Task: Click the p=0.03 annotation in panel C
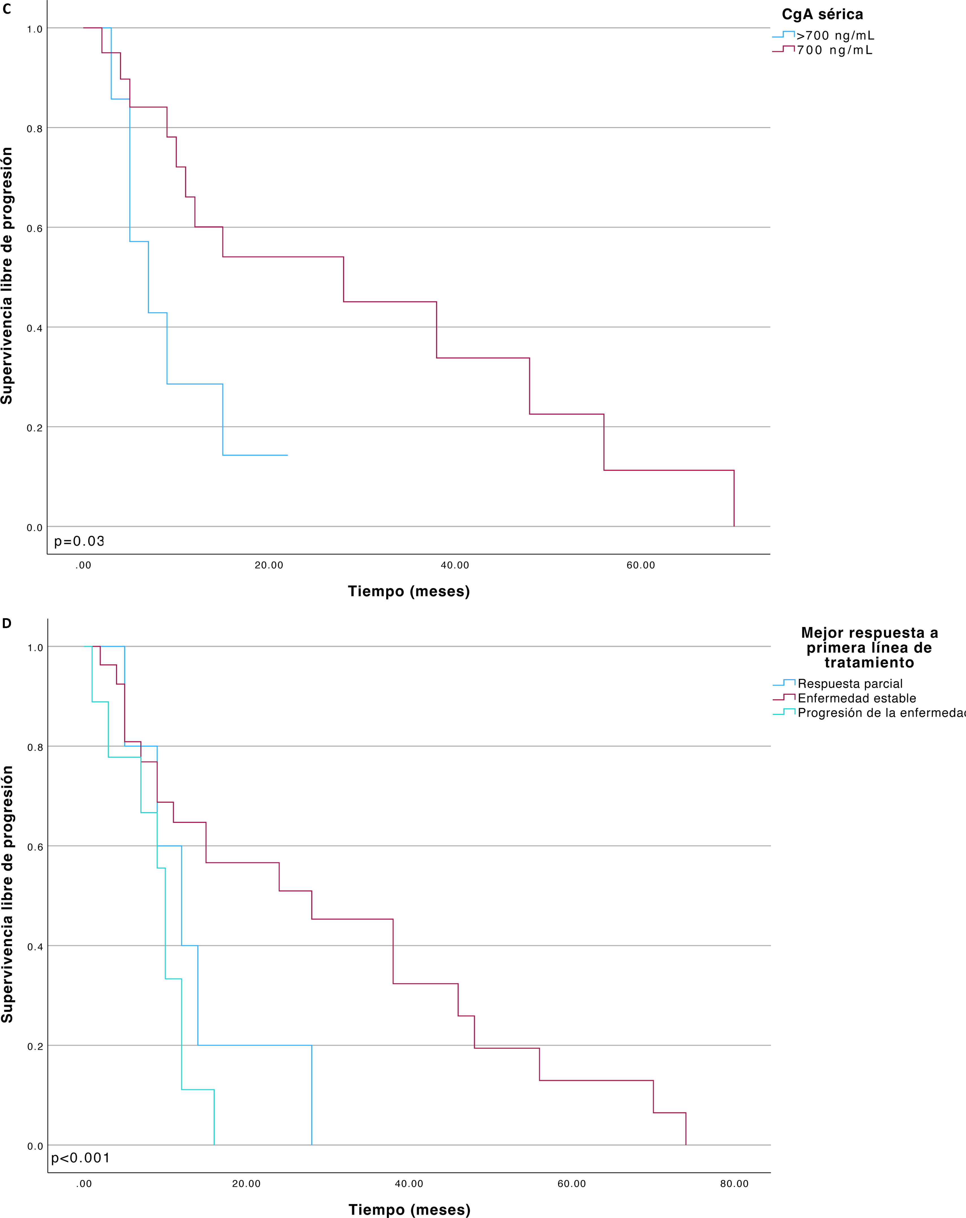pyautogui.click(x=79, y=541)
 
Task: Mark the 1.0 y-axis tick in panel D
pyautogui.click(x=35, y=647)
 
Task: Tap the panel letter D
pyautogui.click(x=7, y=624)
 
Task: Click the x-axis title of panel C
pyautogui.click(x=409, y=592)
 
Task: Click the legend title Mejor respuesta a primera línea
pyautogui.click(x=869, y=647)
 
